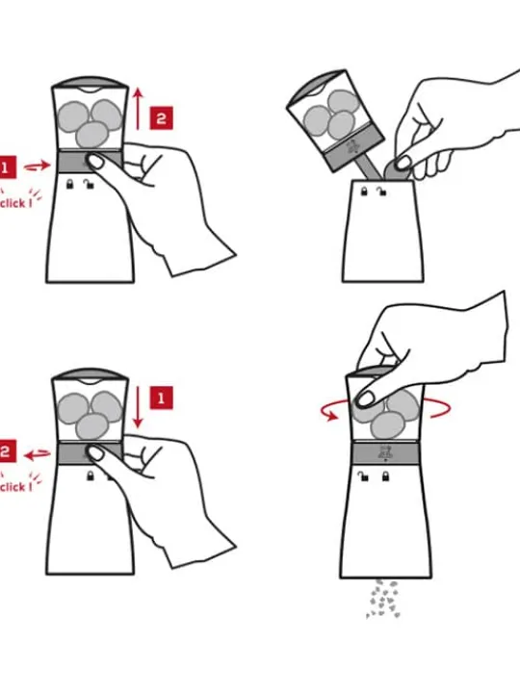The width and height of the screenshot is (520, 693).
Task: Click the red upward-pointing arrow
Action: [139, 109]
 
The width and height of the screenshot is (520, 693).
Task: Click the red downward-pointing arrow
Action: [138, 407]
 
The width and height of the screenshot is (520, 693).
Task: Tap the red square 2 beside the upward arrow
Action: [161, 118]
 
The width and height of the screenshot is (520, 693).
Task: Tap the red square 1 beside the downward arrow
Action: [161, 398]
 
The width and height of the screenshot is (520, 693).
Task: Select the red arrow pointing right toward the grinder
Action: [38, 167]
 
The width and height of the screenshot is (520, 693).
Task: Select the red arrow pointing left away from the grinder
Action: [38, 454]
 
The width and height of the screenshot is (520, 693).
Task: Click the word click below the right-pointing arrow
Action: [13, 203]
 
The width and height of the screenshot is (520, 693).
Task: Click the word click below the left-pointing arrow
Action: [13, 487]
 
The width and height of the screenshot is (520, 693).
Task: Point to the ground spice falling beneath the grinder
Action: [383, 599]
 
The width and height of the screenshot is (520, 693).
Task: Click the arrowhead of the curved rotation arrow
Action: [330, 415]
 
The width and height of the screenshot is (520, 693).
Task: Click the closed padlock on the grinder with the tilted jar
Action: [364, 192]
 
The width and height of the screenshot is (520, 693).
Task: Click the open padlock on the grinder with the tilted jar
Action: [381, 192]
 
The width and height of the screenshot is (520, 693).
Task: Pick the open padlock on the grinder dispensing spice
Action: [363, 476]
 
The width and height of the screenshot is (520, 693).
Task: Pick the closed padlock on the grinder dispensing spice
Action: [385, 476]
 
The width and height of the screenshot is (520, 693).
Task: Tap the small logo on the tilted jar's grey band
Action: [353, 146]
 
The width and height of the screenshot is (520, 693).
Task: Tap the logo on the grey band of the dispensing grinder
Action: [384, 452]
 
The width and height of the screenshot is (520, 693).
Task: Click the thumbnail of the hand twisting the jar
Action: [365, 399]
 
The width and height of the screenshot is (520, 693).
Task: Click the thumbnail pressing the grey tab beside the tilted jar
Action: [403, 164]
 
